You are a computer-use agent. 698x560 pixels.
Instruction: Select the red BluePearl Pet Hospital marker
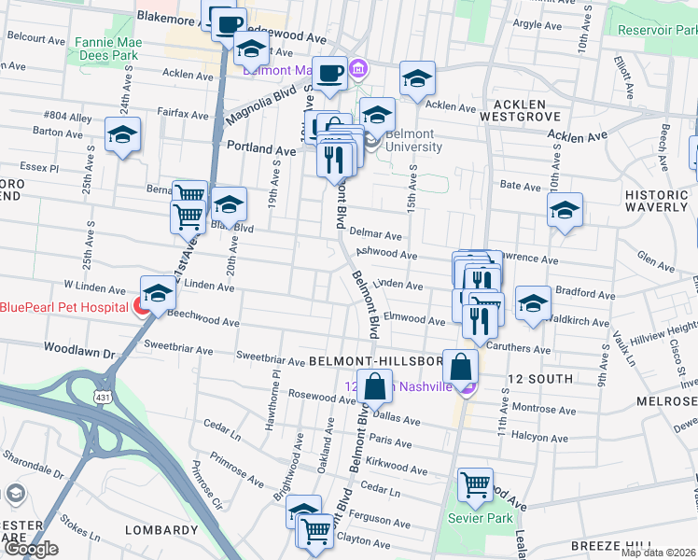click(x=142, y=306)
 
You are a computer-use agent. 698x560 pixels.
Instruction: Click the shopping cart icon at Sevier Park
click(x=476, y=483)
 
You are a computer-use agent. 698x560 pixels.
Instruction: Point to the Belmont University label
click(x=413, y=140)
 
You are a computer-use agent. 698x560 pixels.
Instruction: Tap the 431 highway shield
click(x=100, y=398)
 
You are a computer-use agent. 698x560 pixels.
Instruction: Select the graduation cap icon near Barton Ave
click(x=122, y=135)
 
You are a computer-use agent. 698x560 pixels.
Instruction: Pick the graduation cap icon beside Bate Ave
click(x=565, y=211)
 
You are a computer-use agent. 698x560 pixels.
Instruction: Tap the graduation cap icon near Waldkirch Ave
click(x=533, y=303)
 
